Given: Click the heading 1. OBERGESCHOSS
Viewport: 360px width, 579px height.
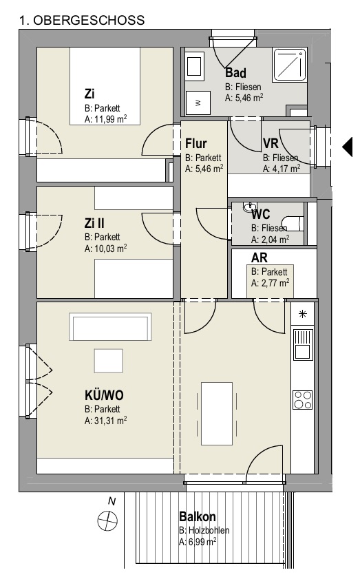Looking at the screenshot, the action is (x=82, y=20).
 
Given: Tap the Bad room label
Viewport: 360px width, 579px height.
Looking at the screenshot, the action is (x=235, y=73).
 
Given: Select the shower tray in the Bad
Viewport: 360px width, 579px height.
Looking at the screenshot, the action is (x=290, y=65).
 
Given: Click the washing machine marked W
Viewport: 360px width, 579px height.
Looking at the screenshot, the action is (x=198, y=103).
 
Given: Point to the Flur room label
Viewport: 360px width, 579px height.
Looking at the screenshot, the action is (x=195, y=143).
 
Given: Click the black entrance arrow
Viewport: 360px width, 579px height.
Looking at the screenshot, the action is (x=348, y=147).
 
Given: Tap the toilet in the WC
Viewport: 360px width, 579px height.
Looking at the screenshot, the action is (x=296, y=223).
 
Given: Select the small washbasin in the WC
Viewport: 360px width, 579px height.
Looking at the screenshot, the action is (x=250, y=207).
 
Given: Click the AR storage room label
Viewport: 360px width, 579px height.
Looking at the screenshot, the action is (x=260, y=257).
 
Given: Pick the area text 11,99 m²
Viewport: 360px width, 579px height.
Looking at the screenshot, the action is (x=105, y=119).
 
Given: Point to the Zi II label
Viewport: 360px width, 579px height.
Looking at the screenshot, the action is (x=94, y=223).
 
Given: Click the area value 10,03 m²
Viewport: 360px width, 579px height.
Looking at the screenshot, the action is (x=105, y=248).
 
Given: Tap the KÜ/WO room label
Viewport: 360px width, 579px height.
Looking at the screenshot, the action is (x=104, y=395).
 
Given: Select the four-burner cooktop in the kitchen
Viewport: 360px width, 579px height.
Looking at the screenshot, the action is (x=303, y=400).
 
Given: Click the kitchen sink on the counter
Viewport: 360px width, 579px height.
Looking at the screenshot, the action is (x=303, y=345).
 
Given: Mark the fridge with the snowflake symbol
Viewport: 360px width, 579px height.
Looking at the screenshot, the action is (x=303, y=314).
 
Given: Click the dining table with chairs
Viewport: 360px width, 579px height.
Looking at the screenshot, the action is (x=217, y=414).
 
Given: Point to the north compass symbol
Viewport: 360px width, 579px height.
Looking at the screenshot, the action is (x=107, y=521).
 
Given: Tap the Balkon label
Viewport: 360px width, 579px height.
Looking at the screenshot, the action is (x=198, y=516).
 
